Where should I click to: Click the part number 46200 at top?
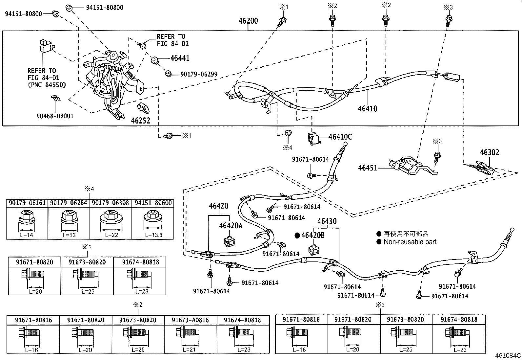pos(248,21)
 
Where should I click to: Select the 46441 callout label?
pos(180,58)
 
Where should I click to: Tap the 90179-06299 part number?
pos(199,75)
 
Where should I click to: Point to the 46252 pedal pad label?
pos(140,121)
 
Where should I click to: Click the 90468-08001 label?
pos(55,116)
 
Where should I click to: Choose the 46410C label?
pos(340,137)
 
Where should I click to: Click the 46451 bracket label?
pos(368,168)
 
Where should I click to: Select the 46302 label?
pos(490,152)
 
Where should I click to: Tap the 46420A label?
pos(231,226)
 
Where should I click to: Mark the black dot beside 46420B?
pos(297,235)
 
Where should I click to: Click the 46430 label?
pos(327,221)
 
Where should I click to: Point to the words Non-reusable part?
pos(410,242)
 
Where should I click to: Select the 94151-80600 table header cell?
pos(153,203)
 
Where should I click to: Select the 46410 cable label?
pos(367,108)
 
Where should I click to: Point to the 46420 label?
pos(219,206)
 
